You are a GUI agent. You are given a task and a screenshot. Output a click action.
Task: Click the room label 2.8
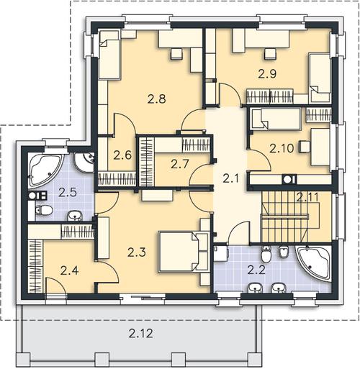pos(157,99)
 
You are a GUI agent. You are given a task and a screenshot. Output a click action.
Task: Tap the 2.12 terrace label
pos(140,333)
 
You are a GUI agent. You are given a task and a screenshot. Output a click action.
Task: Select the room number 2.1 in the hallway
pos(230,178)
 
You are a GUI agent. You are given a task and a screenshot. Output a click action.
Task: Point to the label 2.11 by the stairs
pos(307,197)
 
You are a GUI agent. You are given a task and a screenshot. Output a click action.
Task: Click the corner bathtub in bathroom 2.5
pos(45,170)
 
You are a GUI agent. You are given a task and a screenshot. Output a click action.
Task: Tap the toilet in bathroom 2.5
pos(44,211)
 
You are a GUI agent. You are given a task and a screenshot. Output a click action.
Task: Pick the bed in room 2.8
pos(109,55)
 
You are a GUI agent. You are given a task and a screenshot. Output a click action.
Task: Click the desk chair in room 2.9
pos(270,54)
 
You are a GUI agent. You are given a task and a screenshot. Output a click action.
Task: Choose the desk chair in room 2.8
pos(176,54)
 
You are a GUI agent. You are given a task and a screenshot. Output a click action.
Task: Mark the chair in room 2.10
pos(305,146)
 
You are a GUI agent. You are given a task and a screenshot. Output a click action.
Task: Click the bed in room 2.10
pos(275,119)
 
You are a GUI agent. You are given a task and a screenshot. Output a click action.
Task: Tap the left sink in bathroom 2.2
pos(255,288)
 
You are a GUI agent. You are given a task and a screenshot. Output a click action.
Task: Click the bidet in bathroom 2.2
pos(283,252)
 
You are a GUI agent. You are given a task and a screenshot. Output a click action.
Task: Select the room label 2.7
pos(180,164)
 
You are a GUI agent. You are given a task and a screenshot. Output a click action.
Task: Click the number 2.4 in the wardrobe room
pos(69,271)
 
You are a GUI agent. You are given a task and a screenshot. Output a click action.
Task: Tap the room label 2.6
pos(122,155)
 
